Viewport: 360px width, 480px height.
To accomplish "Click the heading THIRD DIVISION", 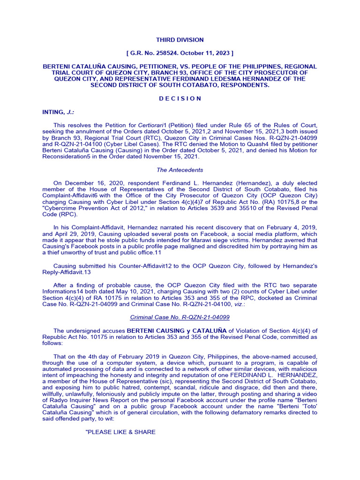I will click(x=180, y=40).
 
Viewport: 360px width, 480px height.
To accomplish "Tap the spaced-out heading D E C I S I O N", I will click(x=180, y=98).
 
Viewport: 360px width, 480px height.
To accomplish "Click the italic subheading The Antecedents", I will click(x=180, y=170).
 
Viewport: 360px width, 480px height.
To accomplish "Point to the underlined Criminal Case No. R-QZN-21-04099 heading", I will click(x=180, y=317).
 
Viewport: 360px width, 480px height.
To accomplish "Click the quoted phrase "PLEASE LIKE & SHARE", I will click(x=120, y=432).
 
